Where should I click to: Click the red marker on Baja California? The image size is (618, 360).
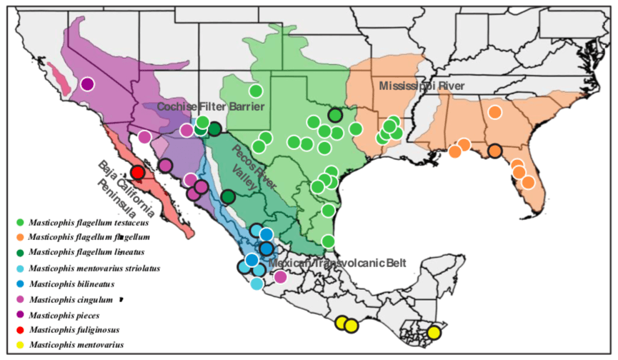pyautogui.click(x=138, y=172)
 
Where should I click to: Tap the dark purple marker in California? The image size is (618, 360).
pyautogui.click(x=87, y=84)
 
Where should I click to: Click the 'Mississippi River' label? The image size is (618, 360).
pyautogui.click(x=422, y=86)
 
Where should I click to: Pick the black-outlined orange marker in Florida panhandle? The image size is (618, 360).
pyautogui.click(x=494, y=151)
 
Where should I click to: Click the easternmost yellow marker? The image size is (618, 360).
pyautogui.click(x=434, y=332)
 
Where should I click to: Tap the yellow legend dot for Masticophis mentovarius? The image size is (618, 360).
pyautogui.click(x=19, y=345)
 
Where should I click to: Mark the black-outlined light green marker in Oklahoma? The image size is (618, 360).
pyautogui.click(x=335, y=114)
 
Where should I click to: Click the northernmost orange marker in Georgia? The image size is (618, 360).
pyautogui.click(x=494, y=111)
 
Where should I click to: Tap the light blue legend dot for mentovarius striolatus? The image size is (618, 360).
pyautogui.click(x=19, y=269)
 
